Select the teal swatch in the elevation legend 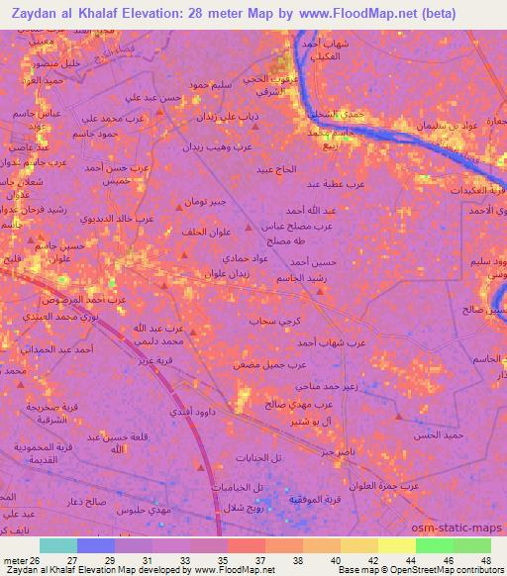pyautogui.click(x=58, y=545)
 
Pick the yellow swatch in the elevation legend pyautogui.click(x=397, y=545)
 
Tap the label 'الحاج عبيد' pyautogui.click(x=276, y=170)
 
